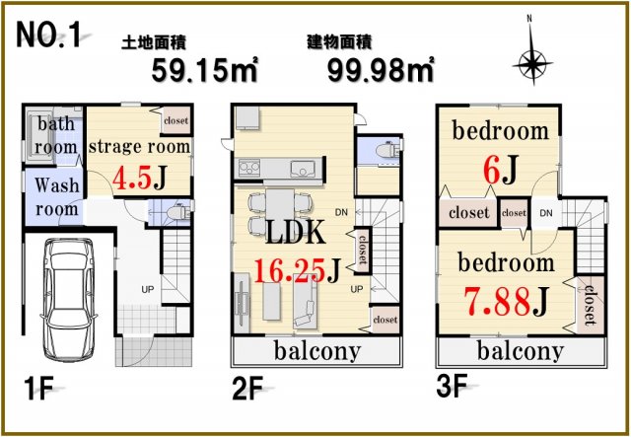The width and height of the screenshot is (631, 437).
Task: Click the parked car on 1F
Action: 68,299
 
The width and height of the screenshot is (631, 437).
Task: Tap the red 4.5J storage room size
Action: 139,178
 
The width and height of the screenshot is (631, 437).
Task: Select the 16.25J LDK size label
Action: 298,270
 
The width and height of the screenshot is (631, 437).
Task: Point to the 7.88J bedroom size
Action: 506,301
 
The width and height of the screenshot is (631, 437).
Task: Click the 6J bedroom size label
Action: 500,170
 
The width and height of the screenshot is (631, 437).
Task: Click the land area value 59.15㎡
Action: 204,70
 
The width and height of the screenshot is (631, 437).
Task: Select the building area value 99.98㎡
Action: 381,70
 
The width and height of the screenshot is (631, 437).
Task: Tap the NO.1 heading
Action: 48,35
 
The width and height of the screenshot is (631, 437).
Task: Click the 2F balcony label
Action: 317,351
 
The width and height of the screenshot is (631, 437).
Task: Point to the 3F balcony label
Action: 521,351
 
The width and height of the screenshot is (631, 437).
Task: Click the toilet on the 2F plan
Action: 386,151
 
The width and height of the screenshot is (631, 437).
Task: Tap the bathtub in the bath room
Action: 39,136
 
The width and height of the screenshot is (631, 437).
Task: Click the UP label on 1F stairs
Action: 148,289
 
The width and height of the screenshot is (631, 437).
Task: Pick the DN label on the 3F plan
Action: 546,213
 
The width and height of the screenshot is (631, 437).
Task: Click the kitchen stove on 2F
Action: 249,168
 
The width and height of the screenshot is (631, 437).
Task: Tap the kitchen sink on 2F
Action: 303,169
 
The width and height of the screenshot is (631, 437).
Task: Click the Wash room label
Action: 56,197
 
